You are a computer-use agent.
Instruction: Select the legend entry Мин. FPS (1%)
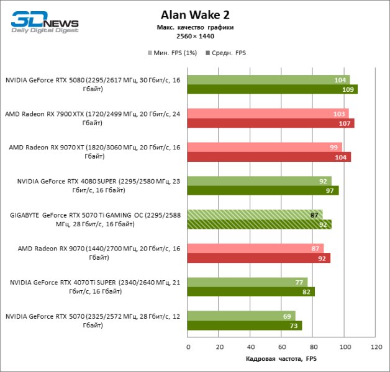coord(172,53)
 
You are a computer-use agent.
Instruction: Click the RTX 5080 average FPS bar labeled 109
coord(272,89)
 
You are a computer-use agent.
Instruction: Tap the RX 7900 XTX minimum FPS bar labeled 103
coord(268,113)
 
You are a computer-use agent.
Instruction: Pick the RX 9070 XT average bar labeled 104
coord(269,157)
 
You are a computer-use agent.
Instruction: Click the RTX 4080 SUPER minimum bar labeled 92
coord(259,181)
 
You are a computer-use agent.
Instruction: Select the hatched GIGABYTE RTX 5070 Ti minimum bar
coord(255,215)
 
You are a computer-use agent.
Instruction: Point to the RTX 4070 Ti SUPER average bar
coord(251,291)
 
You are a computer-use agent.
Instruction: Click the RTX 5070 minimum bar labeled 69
coord(241,316)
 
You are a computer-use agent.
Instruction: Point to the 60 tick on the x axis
coord(281,347)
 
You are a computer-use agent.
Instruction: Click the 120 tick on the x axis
coord(375,347)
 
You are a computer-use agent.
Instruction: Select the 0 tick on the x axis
coord(188,347)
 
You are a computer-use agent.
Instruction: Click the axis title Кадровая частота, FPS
coord(281,359)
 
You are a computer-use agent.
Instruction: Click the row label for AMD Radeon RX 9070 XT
coord(94,151)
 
